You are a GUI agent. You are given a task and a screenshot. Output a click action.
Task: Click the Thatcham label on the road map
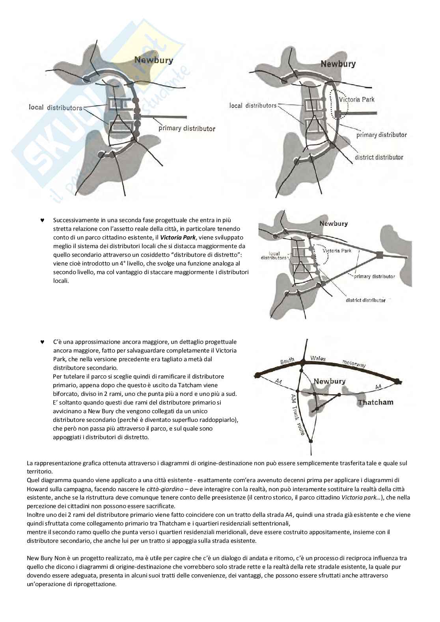point(375,403)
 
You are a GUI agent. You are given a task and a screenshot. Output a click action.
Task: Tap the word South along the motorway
point(287,361)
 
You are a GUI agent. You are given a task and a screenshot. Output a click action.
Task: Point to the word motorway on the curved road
point(354,363)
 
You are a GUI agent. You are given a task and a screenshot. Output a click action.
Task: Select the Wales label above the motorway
point(318,358)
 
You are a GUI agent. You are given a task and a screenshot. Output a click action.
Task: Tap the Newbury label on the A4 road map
point(329,381)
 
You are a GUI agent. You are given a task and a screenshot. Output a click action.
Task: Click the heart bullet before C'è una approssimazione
point(42,342)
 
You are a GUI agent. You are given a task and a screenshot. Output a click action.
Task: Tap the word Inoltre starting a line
point(36,515)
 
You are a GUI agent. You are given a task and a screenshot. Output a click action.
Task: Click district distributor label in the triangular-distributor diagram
point(365,300)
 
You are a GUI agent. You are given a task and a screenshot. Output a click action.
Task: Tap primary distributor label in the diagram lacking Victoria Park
point(187,128)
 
